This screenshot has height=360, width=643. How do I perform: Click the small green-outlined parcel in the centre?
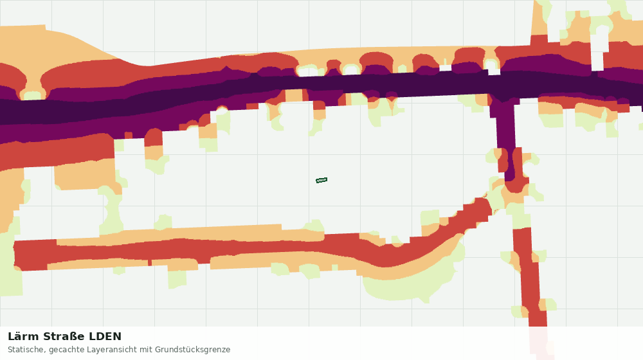(321, 180)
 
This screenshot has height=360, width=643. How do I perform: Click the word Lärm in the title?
(24, 337)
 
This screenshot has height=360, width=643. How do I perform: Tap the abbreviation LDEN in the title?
(105, 337)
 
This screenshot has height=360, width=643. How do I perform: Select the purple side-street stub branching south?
(507, 139)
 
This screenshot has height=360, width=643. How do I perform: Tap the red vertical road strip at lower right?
(531, 279)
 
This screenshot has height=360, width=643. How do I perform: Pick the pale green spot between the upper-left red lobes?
(32, 96)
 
